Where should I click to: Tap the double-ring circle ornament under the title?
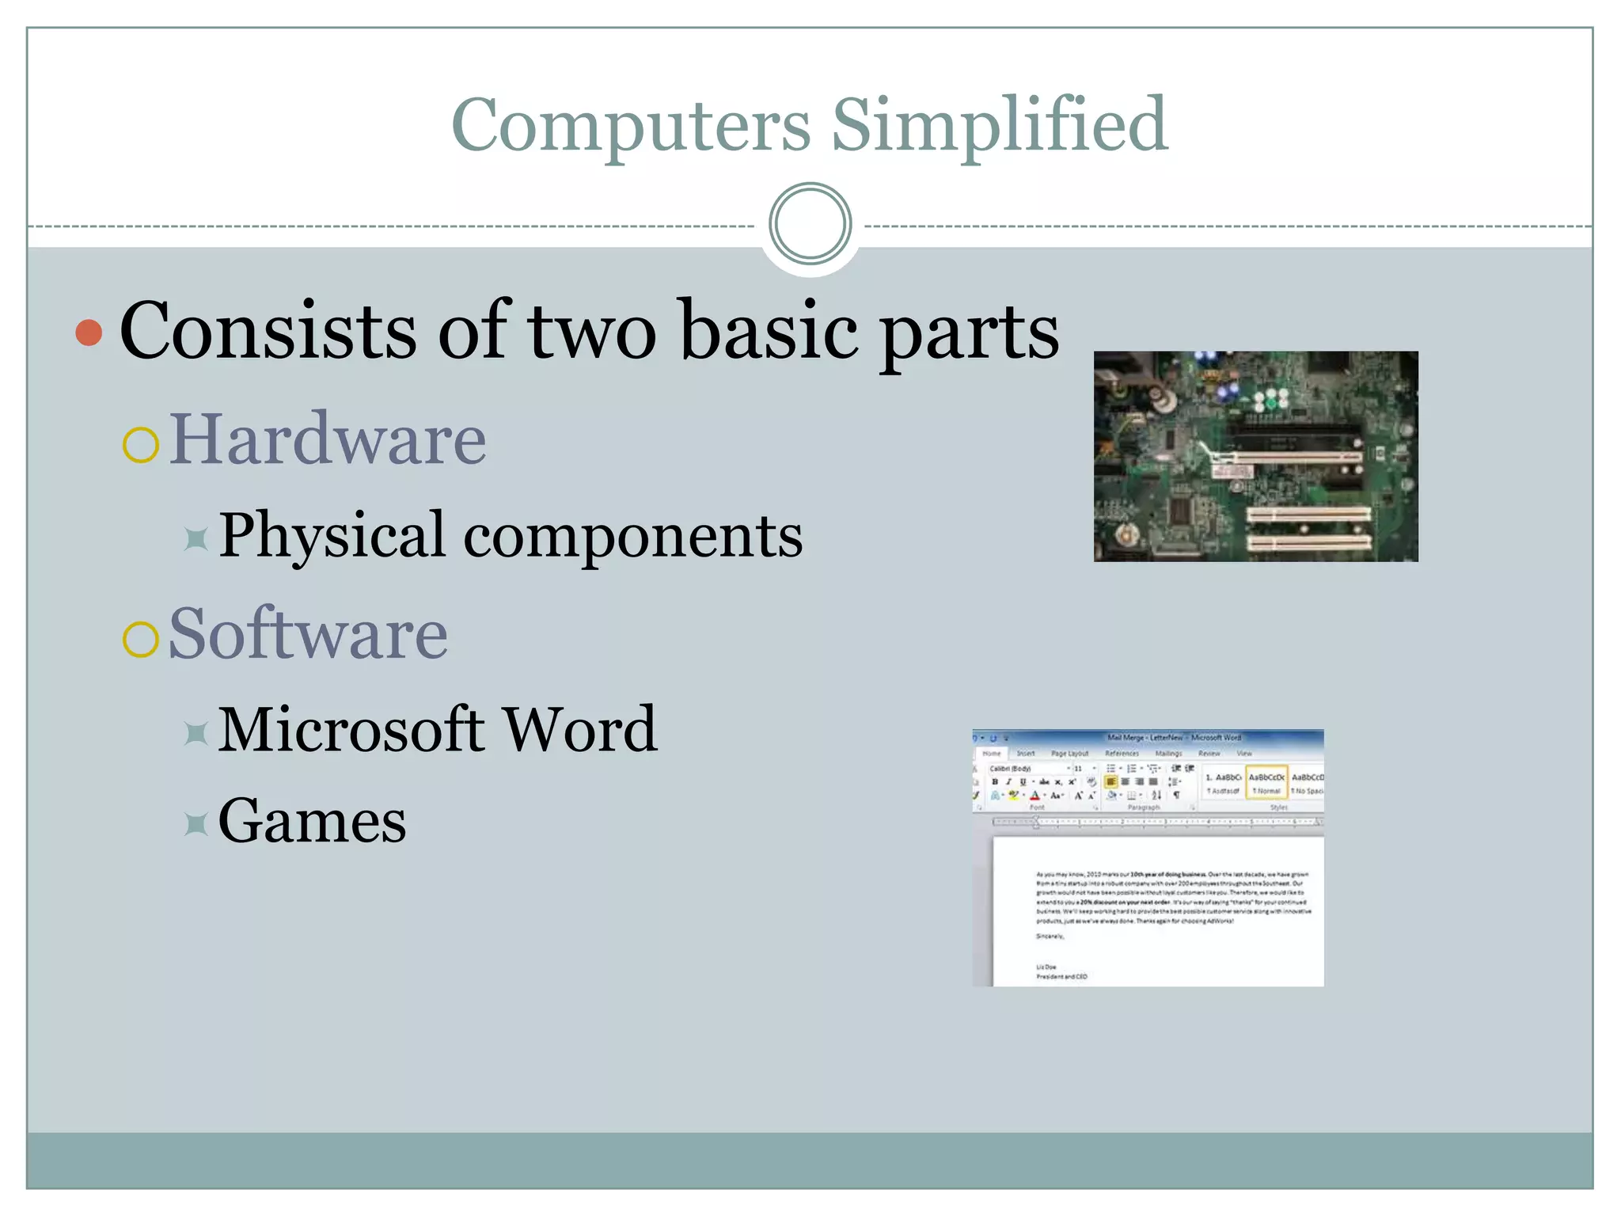tap(810, 223)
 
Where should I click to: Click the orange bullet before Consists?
tap(89, 332)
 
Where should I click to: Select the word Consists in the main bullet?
tap(268, 331)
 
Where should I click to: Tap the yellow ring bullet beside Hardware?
tap(141, 444)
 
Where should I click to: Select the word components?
tap(632, 538)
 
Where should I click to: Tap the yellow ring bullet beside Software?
tap(141, 638)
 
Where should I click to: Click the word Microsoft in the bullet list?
tap(351, 729)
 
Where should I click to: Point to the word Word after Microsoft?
tap(580, 729)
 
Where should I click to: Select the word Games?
tap(312, 821)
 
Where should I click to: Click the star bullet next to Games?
tap(196, 825)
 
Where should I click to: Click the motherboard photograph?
tap(1255, 457)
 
